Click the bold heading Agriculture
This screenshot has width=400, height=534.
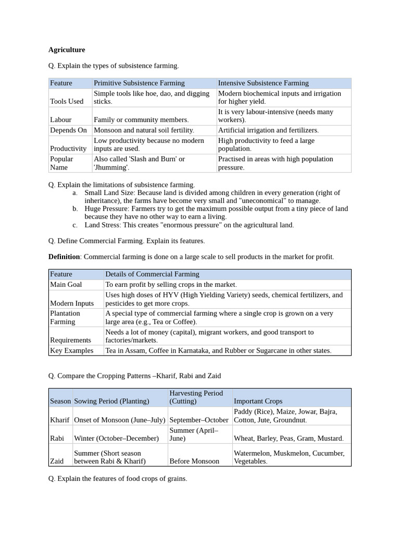(67, 50)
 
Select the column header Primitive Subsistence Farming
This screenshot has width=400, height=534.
(139, 83)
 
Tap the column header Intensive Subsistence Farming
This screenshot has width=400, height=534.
(263, 83)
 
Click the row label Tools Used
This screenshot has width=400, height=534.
(67, 101)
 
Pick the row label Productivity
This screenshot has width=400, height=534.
(68, 149)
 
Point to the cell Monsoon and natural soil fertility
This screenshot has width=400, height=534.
(144, 130)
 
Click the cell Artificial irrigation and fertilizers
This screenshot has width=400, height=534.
(268, 130)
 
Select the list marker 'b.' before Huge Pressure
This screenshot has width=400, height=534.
(76, 209)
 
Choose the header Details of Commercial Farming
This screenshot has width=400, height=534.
(152, 274)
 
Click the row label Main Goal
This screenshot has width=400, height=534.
(66, 284)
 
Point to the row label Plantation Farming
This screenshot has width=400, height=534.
(65, 317)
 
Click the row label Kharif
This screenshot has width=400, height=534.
(59, 420)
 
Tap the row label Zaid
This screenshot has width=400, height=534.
(57, 461)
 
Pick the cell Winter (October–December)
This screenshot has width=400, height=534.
(116, 439)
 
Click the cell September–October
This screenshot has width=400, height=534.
(199, 420)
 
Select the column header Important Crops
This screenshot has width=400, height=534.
(258, 401)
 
